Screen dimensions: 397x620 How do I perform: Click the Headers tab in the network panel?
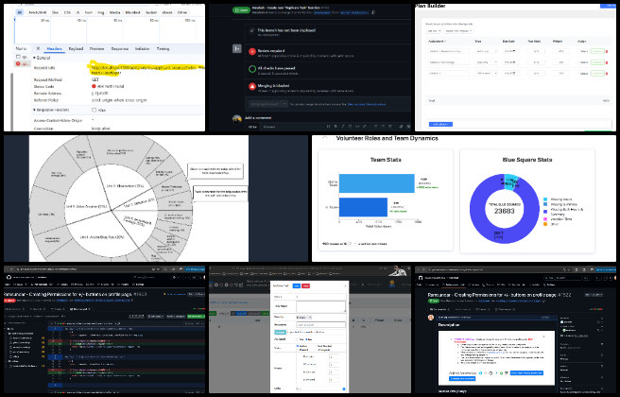coord(54,47)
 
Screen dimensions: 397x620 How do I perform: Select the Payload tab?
coord(76,47)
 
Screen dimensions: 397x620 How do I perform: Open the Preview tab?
coord(97,47)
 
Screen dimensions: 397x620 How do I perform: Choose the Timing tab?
coord(164,47)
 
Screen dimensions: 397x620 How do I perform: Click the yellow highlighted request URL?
coord(132,69)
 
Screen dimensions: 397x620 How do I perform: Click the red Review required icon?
coord(252,54)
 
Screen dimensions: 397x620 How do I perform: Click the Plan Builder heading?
coord(437,8)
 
